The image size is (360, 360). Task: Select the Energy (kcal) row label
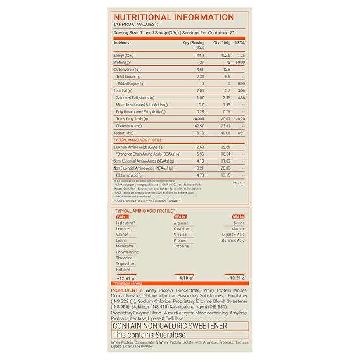coord(124,56)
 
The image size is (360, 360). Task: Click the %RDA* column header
coord(239,42)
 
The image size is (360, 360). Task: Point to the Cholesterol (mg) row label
coord(130,125)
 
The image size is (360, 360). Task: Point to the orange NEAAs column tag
coord(238,216)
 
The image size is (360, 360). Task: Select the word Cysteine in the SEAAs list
coord(182,229)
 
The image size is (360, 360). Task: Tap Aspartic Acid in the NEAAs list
coord(232,235)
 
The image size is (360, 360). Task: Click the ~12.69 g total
coord(128,278)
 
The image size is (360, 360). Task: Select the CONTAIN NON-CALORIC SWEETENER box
coord(179,325)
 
